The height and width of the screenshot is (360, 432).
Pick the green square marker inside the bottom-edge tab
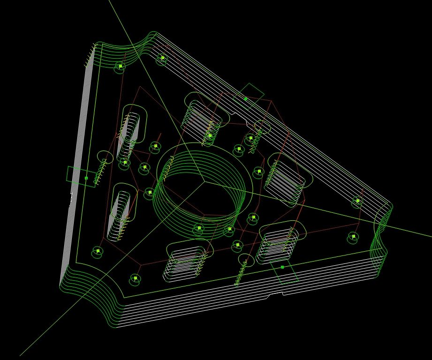[282, 267]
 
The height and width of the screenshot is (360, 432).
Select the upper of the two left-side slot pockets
[131, 128]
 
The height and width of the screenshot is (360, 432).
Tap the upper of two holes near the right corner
[357, 201]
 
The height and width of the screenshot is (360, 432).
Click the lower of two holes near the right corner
[353, 237]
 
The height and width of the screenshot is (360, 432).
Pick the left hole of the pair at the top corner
[121, 67]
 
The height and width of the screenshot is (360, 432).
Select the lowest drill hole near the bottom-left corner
[135, 278]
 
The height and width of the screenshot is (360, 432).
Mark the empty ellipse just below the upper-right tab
[262, 127]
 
